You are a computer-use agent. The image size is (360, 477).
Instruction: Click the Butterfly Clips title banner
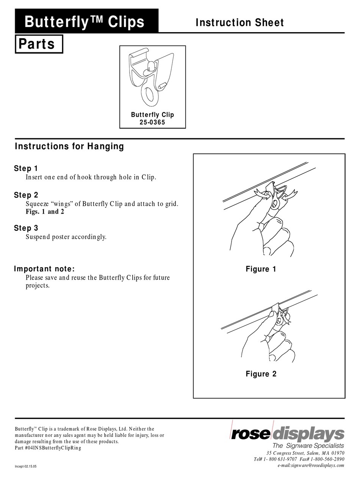(85, 22)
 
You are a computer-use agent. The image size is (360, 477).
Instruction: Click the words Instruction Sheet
(239, 23)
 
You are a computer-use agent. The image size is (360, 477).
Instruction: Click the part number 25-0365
(152, 122)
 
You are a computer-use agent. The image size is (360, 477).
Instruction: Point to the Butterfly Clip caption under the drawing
(152, 114)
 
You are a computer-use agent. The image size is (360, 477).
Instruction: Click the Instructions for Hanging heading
(69, 146)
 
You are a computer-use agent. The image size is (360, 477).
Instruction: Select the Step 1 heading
(26, 168)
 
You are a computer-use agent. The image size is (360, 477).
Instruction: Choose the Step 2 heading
(26, 195)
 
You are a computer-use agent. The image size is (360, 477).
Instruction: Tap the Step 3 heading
(26, 228)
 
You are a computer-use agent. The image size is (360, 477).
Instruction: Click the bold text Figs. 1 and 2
(45, 212)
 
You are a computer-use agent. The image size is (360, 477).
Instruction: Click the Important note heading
(44, 269)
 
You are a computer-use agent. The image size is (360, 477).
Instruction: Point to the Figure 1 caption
(261, 269)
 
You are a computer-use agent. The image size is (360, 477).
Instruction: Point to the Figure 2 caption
(261, 374)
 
